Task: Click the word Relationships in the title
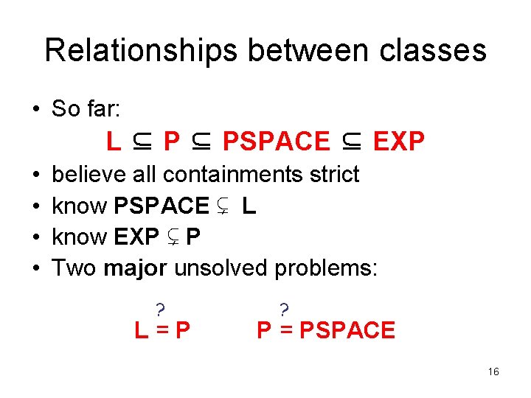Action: click(x=141, y=51)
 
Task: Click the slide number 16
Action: click(x=493, y=372)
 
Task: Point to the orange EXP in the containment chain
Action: click(x=399, y=142)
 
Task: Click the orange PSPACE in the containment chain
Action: click(x=277, y=142)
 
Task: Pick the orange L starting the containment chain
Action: click(x=113, y=142)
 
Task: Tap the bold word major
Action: click(x=136, y=268)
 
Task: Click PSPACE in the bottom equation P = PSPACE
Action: click(x=347, y=330)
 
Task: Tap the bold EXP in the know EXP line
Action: click(x=136, y=237)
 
